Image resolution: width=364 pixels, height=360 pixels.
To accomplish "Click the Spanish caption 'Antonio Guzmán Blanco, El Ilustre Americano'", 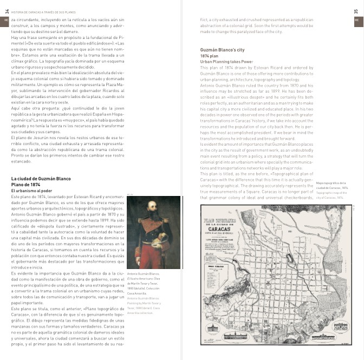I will pyautogui.click(x=144, y=276).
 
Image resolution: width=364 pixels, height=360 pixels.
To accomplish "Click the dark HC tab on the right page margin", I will pyautogui.click(x=357, y=21).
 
